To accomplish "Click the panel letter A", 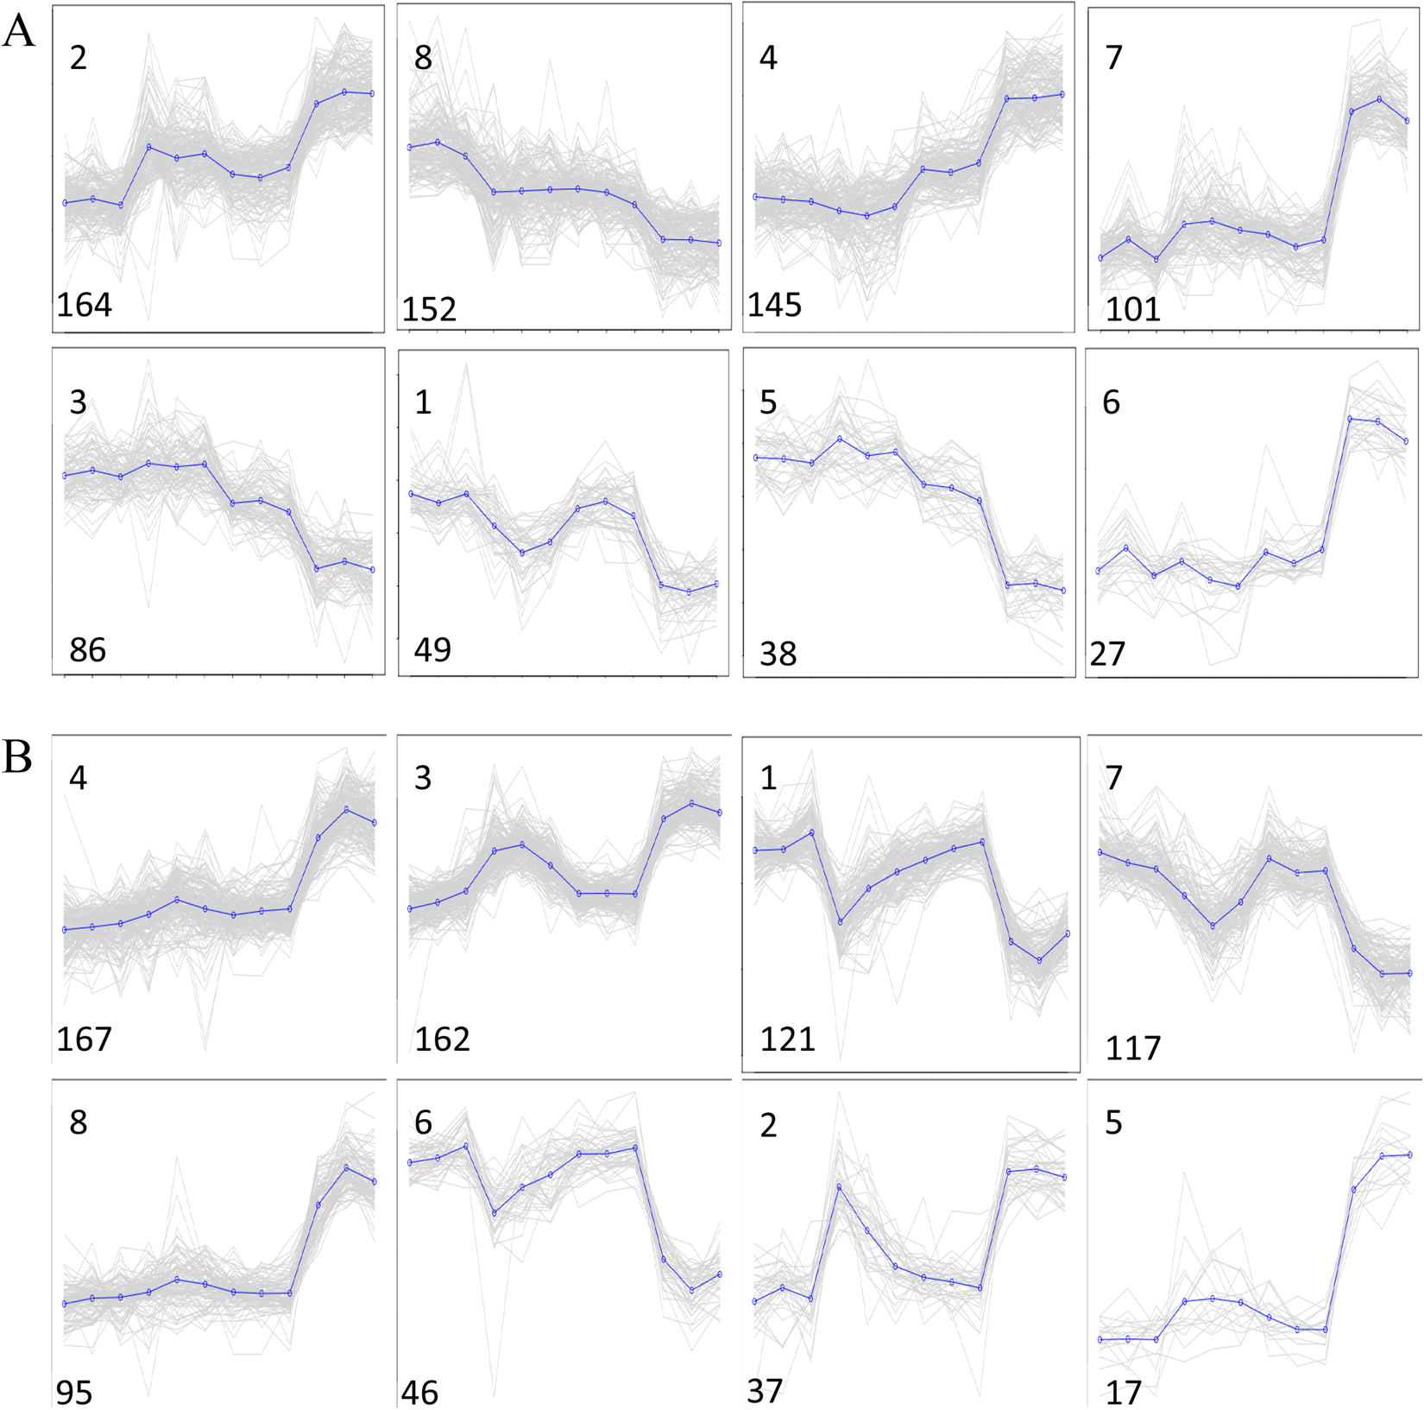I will [18, 32].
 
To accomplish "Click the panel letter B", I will [17, 756].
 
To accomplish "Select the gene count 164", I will [84, 305].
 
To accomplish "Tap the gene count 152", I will [429, 309].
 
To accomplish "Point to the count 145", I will [774, 305].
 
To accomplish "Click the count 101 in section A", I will [1132, 309].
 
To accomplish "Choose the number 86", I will [87, 649].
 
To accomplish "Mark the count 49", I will [432, 649].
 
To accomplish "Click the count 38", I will [778, 654].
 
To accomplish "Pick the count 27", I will [1107, 654].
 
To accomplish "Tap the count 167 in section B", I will [84, 1039].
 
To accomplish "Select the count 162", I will [442, 1039].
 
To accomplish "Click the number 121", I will [787, 1039].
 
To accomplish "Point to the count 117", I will [1132, 1048].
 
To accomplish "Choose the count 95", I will [74, 1393].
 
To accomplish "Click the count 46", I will [419, 1393].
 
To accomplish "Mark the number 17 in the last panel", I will [1123, 1393].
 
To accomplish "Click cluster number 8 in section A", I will [423, 58].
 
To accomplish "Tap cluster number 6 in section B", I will [423, 1122].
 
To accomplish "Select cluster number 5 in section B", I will [1113, 1122].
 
